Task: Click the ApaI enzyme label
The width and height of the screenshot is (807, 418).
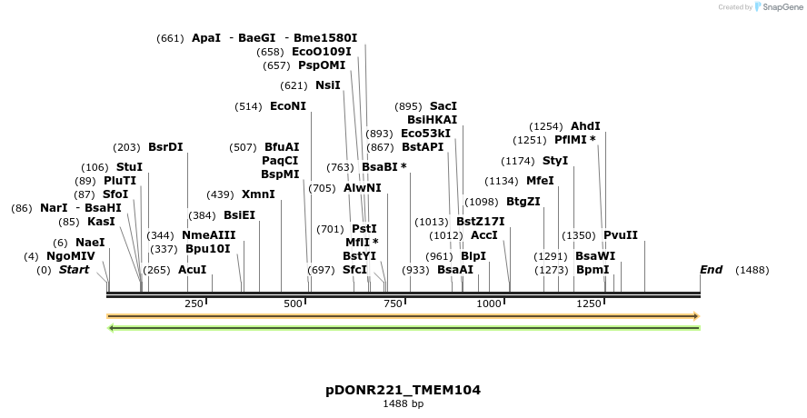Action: point(206,38)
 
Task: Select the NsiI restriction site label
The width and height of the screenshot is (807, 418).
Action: point(328,85)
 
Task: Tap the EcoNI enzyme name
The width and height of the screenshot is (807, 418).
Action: point(288,106)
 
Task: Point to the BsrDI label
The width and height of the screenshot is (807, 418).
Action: point(165,147)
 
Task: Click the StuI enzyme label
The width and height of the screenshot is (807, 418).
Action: point(129,167)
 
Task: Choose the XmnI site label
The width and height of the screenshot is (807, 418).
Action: point(258,194)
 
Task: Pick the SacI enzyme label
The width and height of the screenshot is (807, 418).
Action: point(443,106)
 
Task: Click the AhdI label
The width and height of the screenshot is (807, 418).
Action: point(585,126)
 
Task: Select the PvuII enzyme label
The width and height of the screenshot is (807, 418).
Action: point(621,235)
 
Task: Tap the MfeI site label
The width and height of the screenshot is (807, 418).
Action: point(540,181)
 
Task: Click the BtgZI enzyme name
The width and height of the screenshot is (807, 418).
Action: point(523,202)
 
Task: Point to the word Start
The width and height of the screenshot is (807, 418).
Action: point(75,270)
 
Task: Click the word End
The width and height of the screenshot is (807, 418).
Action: point(712,270)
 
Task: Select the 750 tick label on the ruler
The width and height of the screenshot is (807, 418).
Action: point(393,304)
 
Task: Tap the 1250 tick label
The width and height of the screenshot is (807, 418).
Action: point(589,304)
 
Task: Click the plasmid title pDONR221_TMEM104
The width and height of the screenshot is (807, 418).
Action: point(403,390)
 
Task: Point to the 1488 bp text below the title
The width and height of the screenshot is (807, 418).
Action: point(403,403)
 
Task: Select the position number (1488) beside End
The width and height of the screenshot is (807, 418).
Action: point(752,270)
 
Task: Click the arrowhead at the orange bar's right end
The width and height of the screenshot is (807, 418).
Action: point(695,316)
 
